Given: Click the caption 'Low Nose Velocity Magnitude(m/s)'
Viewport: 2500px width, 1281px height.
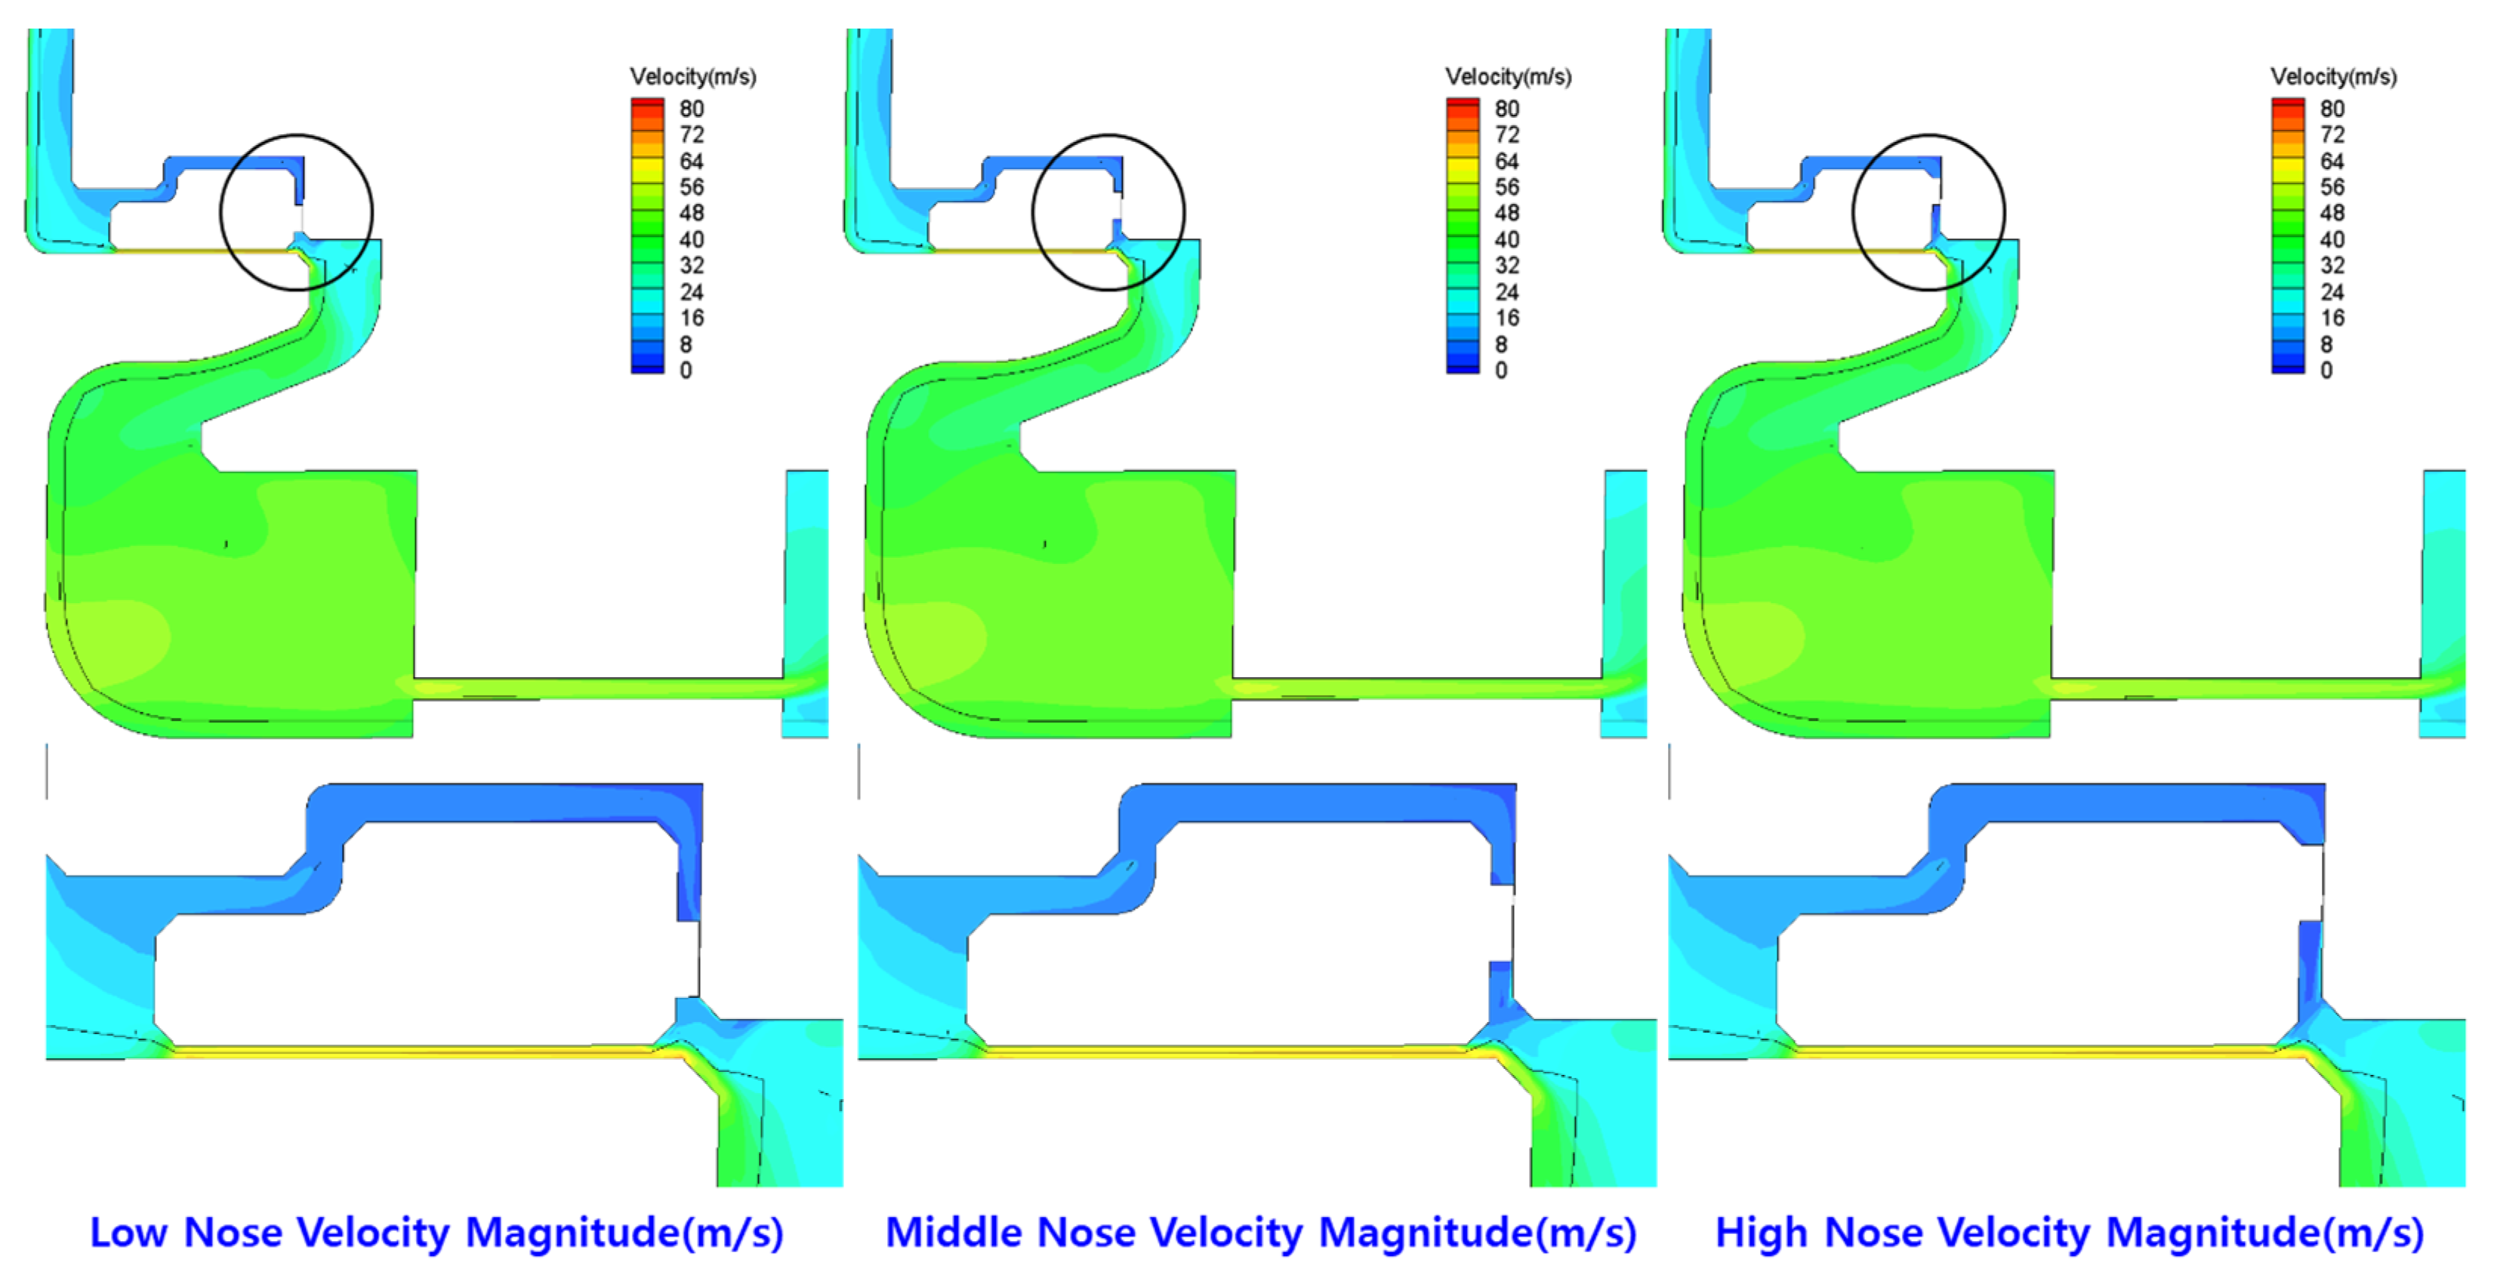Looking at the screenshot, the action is point(436,1233).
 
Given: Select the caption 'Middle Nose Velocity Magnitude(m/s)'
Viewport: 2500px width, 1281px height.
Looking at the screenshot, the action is point(1261,1233).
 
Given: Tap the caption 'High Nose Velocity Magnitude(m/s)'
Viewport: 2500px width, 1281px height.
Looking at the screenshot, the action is point(2070,1233).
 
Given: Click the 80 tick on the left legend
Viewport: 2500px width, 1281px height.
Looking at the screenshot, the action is point(691,109).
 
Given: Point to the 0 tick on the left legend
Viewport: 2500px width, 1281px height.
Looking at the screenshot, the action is point(686,370).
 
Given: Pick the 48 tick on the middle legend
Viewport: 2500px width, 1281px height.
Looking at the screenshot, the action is point(1506,213).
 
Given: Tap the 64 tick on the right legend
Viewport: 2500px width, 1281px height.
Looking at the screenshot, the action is point(2331,161).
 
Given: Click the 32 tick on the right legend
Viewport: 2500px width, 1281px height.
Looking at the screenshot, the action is point(2331,265).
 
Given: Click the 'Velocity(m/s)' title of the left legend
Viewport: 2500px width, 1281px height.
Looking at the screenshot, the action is point(693,77).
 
